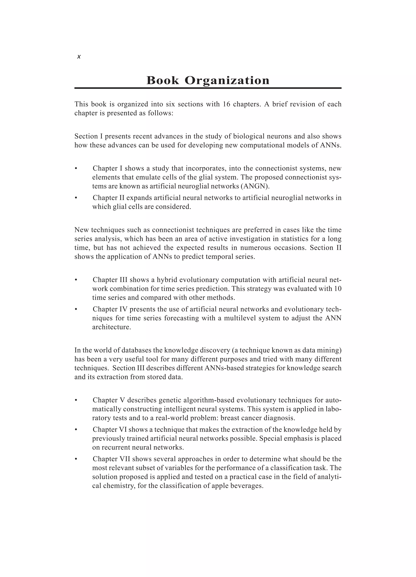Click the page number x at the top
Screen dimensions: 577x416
pos(79,57)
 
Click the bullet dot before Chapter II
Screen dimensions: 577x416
pos(76,198)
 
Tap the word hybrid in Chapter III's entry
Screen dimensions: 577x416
pos(167,280)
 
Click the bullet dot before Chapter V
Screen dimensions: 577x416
pos(76,400)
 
